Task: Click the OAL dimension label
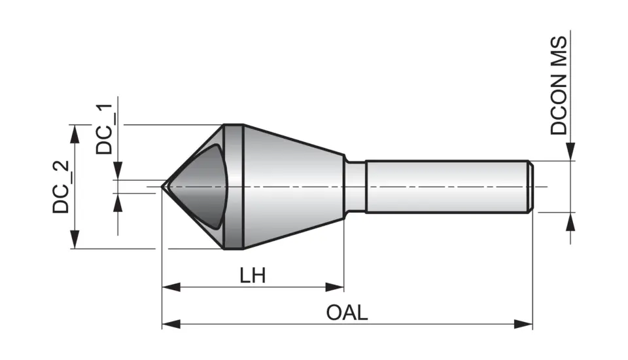[347, 312]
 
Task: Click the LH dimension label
[252, 275]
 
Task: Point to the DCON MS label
[559, 85]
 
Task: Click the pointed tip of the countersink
[164, 187]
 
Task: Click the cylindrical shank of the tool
[445, 187]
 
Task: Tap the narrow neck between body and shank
[355, 187]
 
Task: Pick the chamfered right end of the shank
[531, 187]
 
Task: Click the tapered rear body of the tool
[294, 187]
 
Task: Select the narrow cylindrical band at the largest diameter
[233, 187]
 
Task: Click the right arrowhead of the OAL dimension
[524, 324]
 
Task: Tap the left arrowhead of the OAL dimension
[171, 324]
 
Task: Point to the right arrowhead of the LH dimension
[336, 287]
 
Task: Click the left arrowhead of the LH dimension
[171, 287]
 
